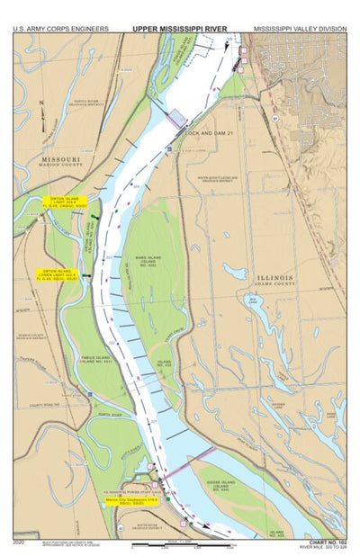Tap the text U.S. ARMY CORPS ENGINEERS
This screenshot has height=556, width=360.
pyautogui.click(x=61, y=29)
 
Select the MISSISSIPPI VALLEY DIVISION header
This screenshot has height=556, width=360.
pyautogui.click(x=299, y=29)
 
